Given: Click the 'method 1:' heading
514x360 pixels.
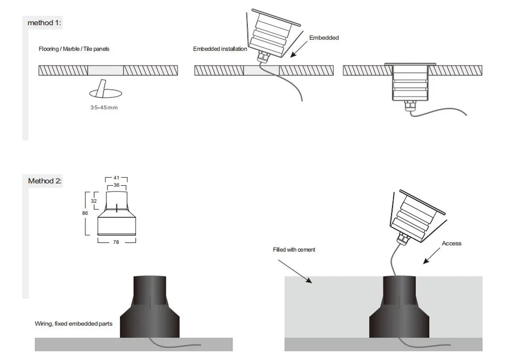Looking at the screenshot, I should point(44,23).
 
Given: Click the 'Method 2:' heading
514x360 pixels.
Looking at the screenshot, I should point(45,181).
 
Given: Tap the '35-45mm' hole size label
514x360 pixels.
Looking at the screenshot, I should point(104,107).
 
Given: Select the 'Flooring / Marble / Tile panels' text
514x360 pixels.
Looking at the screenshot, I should point(77,49).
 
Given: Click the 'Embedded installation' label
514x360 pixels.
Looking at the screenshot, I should point(220,49).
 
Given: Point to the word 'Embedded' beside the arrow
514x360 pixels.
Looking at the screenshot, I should point(324,38).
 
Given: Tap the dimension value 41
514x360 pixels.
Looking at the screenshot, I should point(116,178).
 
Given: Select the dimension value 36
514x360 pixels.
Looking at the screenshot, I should point(116,185).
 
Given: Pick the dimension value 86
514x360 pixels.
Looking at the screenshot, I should point(85,213).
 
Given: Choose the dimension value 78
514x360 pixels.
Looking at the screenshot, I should point(116,242).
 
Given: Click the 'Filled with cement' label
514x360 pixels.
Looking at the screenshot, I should point(294,250).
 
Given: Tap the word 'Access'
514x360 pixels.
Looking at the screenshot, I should point(451,243).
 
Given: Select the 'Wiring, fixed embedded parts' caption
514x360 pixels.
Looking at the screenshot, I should point(73,324).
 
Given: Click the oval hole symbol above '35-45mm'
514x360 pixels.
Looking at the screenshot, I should point(104,92).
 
